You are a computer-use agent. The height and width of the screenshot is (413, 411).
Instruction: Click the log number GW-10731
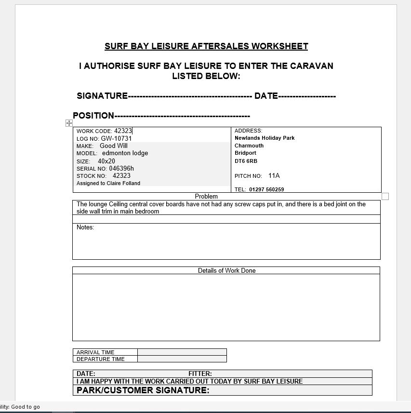116,138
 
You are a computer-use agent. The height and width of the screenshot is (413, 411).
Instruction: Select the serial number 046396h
121,168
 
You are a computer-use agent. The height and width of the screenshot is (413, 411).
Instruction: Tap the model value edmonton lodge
125,153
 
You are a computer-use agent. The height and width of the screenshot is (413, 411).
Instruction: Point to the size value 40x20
106,161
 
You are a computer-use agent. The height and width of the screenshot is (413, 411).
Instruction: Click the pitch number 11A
274,176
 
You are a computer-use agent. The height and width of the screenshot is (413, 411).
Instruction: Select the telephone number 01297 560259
266,189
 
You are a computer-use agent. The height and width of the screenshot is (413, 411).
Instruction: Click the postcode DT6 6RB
246,161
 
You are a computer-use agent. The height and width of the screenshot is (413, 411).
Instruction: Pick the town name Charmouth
249,146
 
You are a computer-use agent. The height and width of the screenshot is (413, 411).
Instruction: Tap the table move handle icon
69,123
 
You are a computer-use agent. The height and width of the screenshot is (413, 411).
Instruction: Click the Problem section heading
206,197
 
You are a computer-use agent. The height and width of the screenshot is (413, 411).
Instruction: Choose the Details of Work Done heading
226,270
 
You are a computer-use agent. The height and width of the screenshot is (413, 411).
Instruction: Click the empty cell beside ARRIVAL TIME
182,352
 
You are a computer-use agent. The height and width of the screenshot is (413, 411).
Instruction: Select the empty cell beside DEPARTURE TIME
182,359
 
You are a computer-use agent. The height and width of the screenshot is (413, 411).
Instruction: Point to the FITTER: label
200,373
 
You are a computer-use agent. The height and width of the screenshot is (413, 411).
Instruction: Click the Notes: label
85,227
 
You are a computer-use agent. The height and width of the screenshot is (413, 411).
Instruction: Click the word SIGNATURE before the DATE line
102,96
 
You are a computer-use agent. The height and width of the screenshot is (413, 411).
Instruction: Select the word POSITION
93,116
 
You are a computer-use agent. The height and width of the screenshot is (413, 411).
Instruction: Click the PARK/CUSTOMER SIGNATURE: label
143,390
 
